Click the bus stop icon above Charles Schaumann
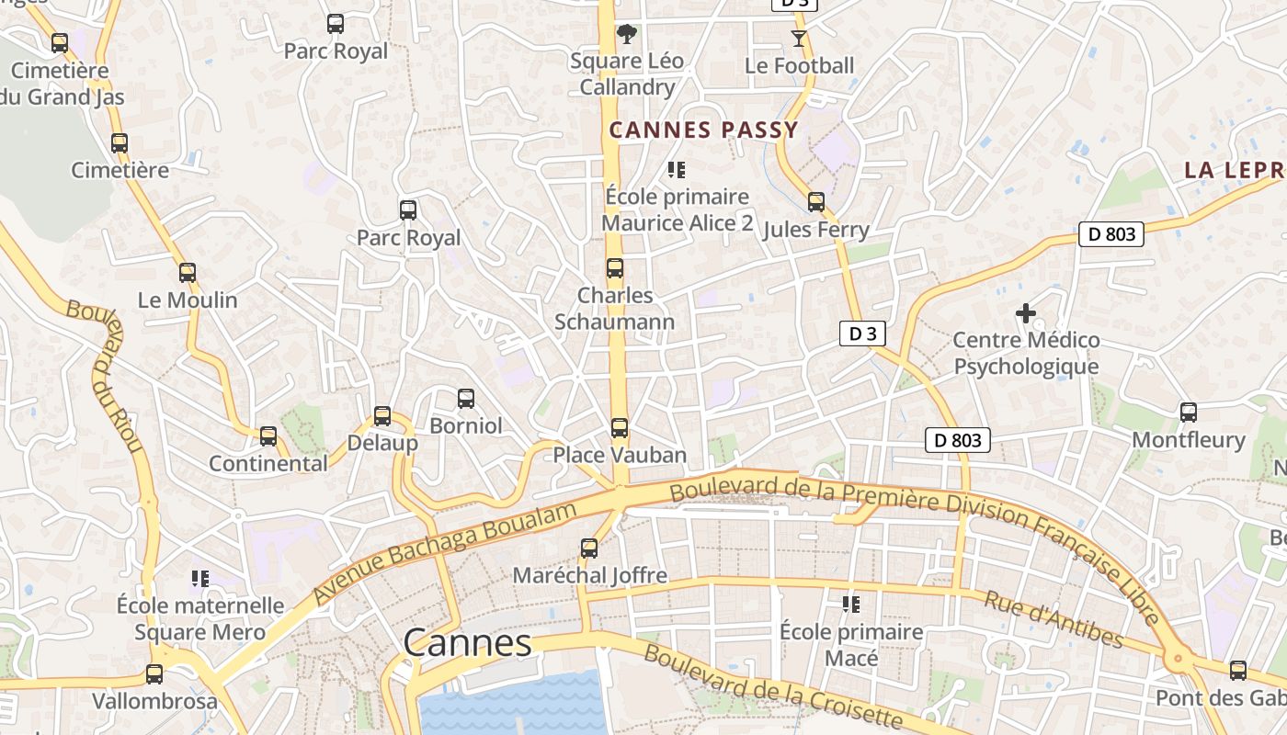pyautogui.click(x=615, y=268)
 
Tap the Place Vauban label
pyautogui.click(x=619, y=455)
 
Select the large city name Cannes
pyautogui.click(x=467, y=643)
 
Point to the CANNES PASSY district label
pyautogui.click(x=703, y=130)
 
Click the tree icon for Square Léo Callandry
pyautogui.click(x=627, y=35)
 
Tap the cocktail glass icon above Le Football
pyautogui.click(x=798, y=39)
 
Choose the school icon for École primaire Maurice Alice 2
pyautogui.click(x=677, y=169)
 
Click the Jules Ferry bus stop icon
pyautogui.click(x=816, y=202)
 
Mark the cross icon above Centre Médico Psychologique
pyautogui.click(x=1026, y=313)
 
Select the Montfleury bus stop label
pyautogui.click(x=1188, y=440)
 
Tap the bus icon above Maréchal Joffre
pyautogui.click(x=589, y=548)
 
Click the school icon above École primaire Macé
pyautogui.click(x=851, y=605)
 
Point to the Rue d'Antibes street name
pyautogui.click(x=1054, y=619)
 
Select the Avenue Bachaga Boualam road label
pyautogui.click(x=446, y=552)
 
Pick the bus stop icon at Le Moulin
pyautogui.click(x=188, y=273)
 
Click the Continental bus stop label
pyautogui.click(x=268, y=463)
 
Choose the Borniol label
pyautogui.click(x=466, y=426)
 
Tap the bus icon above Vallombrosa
pyautogui.click(x=154, y=674)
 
